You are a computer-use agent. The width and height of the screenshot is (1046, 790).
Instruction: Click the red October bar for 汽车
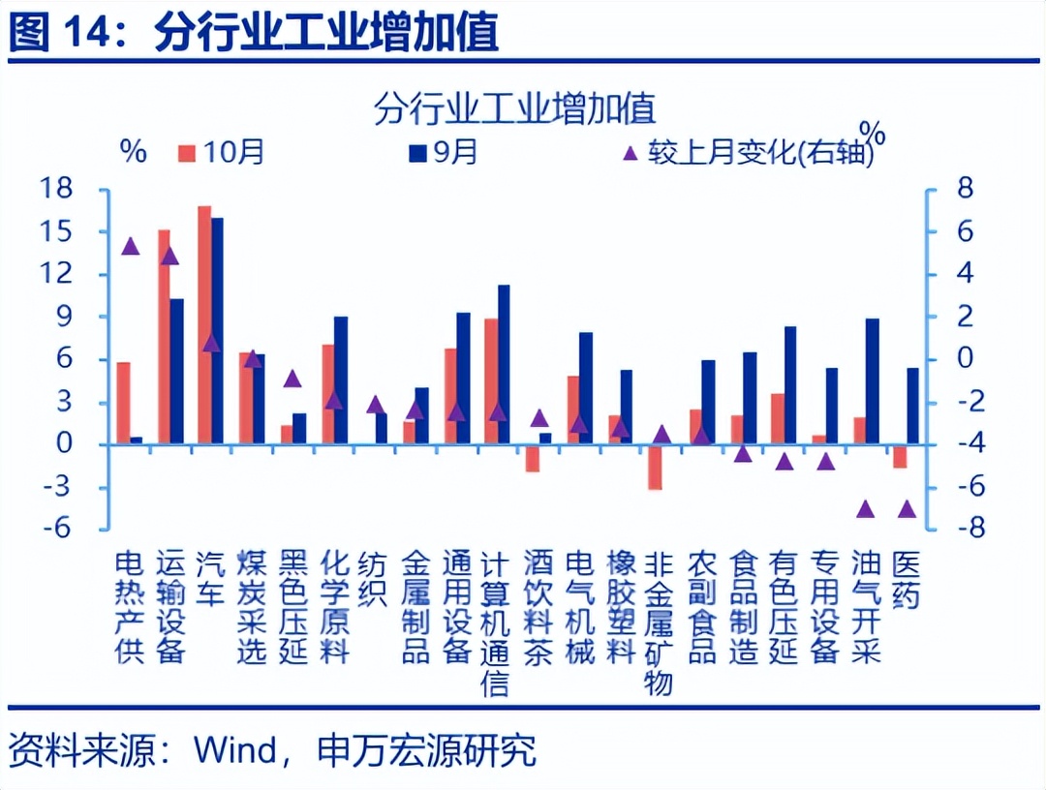(204, 324)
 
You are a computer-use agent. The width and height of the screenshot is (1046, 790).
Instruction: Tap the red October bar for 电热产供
(123, 403)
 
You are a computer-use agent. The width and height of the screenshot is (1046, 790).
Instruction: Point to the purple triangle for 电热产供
(131, 246)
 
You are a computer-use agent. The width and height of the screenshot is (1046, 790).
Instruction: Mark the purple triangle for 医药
(907, 508)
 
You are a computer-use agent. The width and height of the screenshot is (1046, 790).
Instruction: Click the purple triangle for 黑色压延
(292, 378)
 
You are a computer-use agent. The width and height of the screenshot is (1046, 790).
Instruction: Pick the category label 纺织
(374, 578)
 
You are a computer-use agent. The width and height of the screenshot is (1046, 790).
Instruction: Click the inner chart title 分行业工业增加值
(514, 107)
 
